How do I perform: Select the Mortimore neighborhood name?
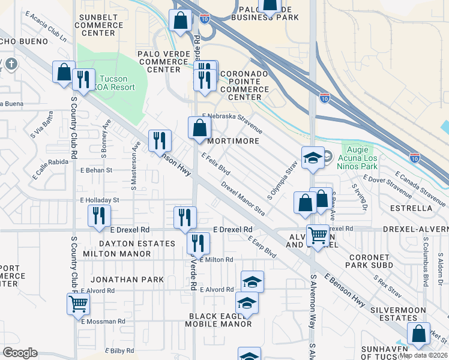[x=233, y=141]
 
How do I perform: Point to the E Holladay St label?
[x=100, y=200]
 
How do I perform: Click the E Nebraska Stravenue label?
[x=232, y=122]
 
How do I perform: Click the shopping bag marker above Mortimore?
[x=200, y=127]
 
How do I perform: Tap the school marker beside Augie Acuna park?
[x=312, y=158]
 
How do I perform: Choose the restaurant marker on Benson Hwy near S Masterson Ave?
[x=160, y=141]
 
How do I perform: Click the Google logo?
[x=20, y=353]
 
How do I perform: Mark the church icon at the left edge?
[x=11, y=64]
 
